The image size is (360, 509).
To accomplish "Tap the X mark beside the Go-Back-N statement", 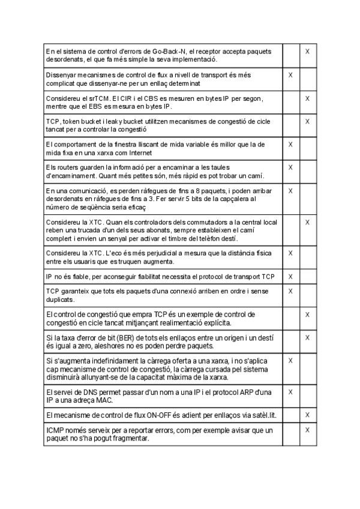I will point(307,52).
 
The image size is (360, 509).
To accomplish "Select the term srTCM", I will point(88,98).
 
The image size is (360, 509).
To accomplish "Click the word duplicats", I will point(60,298).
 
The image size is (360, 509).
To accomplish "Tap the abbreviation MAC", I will point(103,400).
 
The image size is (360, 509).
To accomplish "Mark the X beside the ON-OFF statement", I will point(307,415).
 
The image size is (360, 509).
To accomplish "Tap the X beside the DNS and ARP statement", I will point(290,392).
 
